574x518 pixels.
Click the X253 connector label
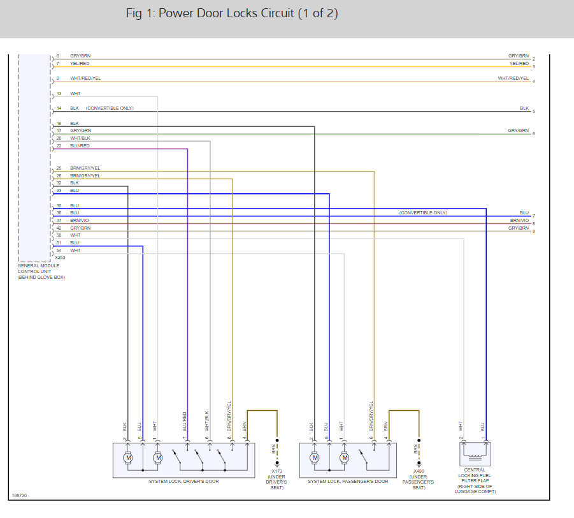(60, 258)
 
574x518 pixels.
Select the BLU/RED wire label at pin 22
(80, 145)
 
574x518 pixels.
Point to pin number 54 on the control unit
(59, 250)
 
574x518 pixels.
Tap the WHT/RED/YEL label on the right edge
(513, 78)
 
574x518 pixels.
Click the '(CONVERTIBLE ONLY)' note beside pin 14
(110, 108)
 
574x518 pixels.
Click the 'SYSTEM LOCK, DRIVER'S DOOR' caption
(183, 481)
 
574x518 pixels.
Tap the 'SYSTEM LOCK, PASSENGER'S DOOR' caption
(348, 481)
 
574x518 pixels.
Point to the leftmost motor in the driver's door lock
(128, 457)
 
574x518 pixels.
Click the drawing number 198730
(19, 495)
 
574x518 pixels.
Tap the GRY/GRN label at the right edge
(518, 130)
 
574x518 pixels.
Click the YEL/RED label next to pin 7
(80, 63)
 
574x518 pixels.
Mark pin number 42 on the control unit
(59, 228)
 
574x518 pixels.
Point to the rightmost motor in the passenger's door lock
(345, 457)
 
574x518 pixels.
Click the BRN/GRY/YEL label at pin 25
(85, 168)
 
